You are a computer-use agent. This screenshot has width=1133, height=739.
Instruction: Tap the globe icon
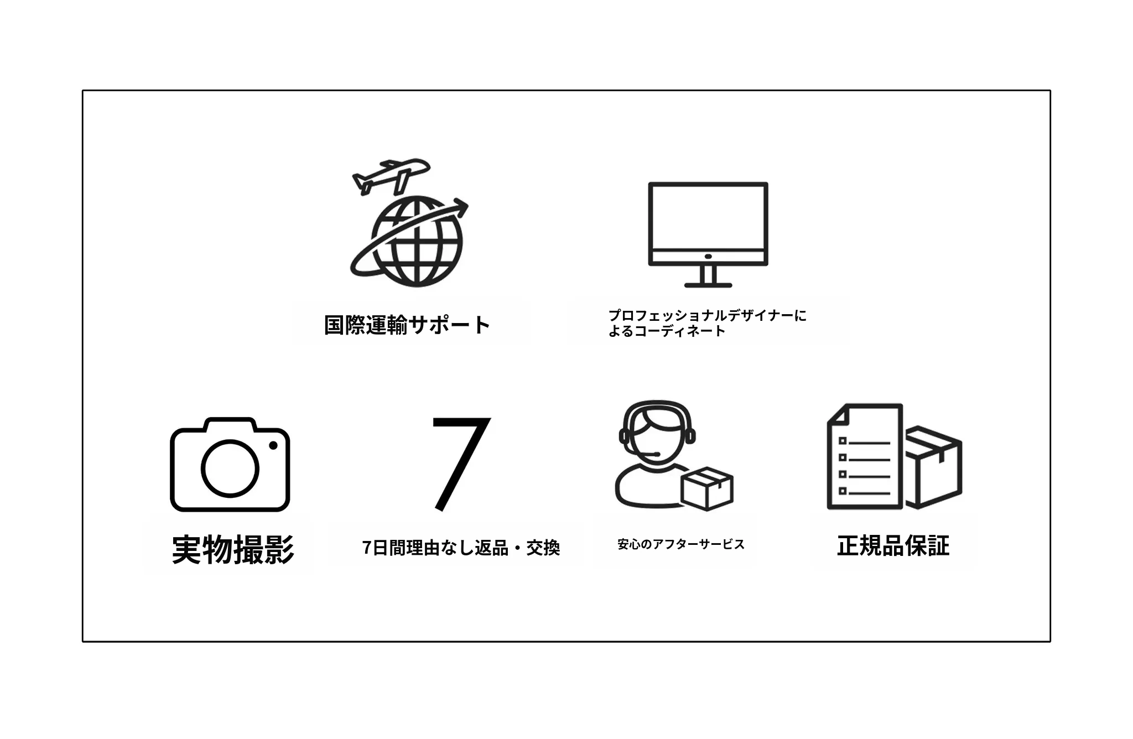tap(416, 242)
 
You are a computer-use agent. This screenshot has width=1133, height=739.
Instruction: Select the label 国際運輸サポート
tap(407, 325)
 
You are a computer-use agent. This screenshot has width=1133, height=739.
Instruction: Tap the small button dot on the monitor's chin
tap(708, 257)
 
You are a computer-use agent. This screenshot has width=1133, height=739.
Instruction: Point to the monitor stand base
tap(708, 285)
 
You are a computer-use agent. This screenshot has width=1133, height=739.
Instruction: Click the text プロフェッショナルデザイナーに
tap(707, 315)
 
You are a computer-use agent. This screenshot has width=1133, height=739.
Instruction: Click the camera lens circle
tap(230, 468)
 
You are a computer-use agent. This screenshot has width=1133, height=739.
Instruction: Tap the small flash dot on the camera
tap(273, 445)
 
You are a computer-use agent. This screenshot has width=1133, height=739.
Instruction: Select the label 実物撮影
tap(233, 549)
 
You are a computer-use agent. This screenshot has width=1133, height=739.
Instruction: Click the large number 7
tap(460, 464)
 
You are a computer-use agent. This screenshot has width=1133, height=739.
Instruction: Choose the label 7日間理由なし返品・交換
tap(461, 548)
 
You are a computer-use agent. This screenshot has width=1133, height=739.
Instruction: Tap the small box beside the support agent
tap(707, 488)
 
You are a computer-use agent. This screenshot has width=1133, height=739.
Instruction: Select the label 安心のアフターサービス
tap(681, 544)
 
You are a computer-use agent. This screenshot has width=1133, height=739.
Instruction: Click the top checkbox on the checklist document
tap(843, 441)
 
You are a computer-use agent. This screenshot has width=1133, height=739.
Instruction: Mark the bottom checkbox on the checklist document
tap(843, 491)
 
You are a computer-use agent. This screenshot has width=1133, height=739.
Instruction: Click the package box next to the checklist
tap(933, 466)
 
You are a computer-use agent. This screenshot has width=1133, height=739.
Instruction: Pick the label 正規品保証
tap(893, 545)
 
